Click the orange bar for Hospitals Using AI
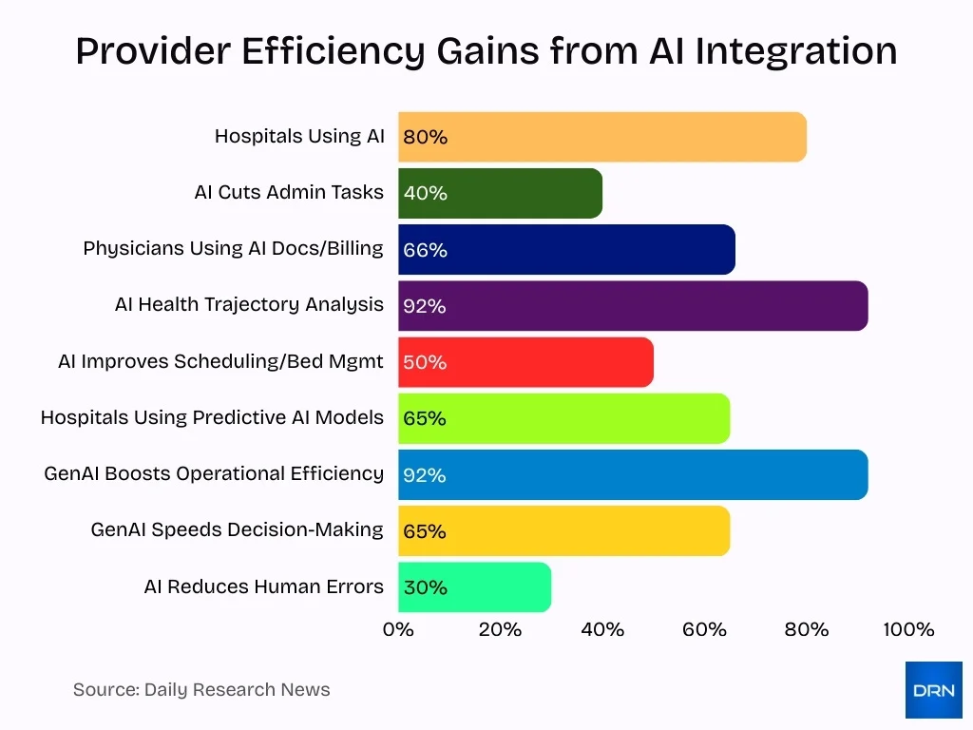click(x=602, y=137)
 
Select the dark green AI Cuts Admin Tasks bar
click(x=500, y=193)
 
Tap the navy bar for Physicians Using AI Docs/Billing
click(x=566, y=250)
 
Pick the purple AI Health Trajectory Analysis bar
click(x=633, y=306)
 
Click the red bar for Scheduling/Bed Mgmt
click(x=525, y=362)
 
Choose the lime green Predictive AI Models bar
click(x=563, y=418)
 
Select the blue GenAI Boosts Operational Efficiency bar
click(x=633, y=474)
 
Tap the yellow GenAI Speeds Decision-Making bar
click(x=563, y=530)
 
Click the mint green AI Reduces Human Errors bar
click(x=474, y=587)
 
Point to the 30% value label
click(x=425, y=587)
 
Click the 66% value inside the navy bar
click(x=425, y=250)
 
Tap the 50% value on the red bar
click(x=425, y=362)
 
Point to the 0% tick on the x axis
click(x=398, y=629)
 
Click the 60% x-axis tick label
click(x=704, y=629)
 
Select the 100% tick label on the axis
click(x=908, y=629)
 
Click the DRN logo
click(x=933, y=690)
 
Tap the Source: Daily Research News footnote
click(x=201, y=690)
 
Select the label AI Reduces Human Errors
click(x=263, y=586)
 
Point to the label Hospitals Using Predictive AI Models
click(x=212, y=417)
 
